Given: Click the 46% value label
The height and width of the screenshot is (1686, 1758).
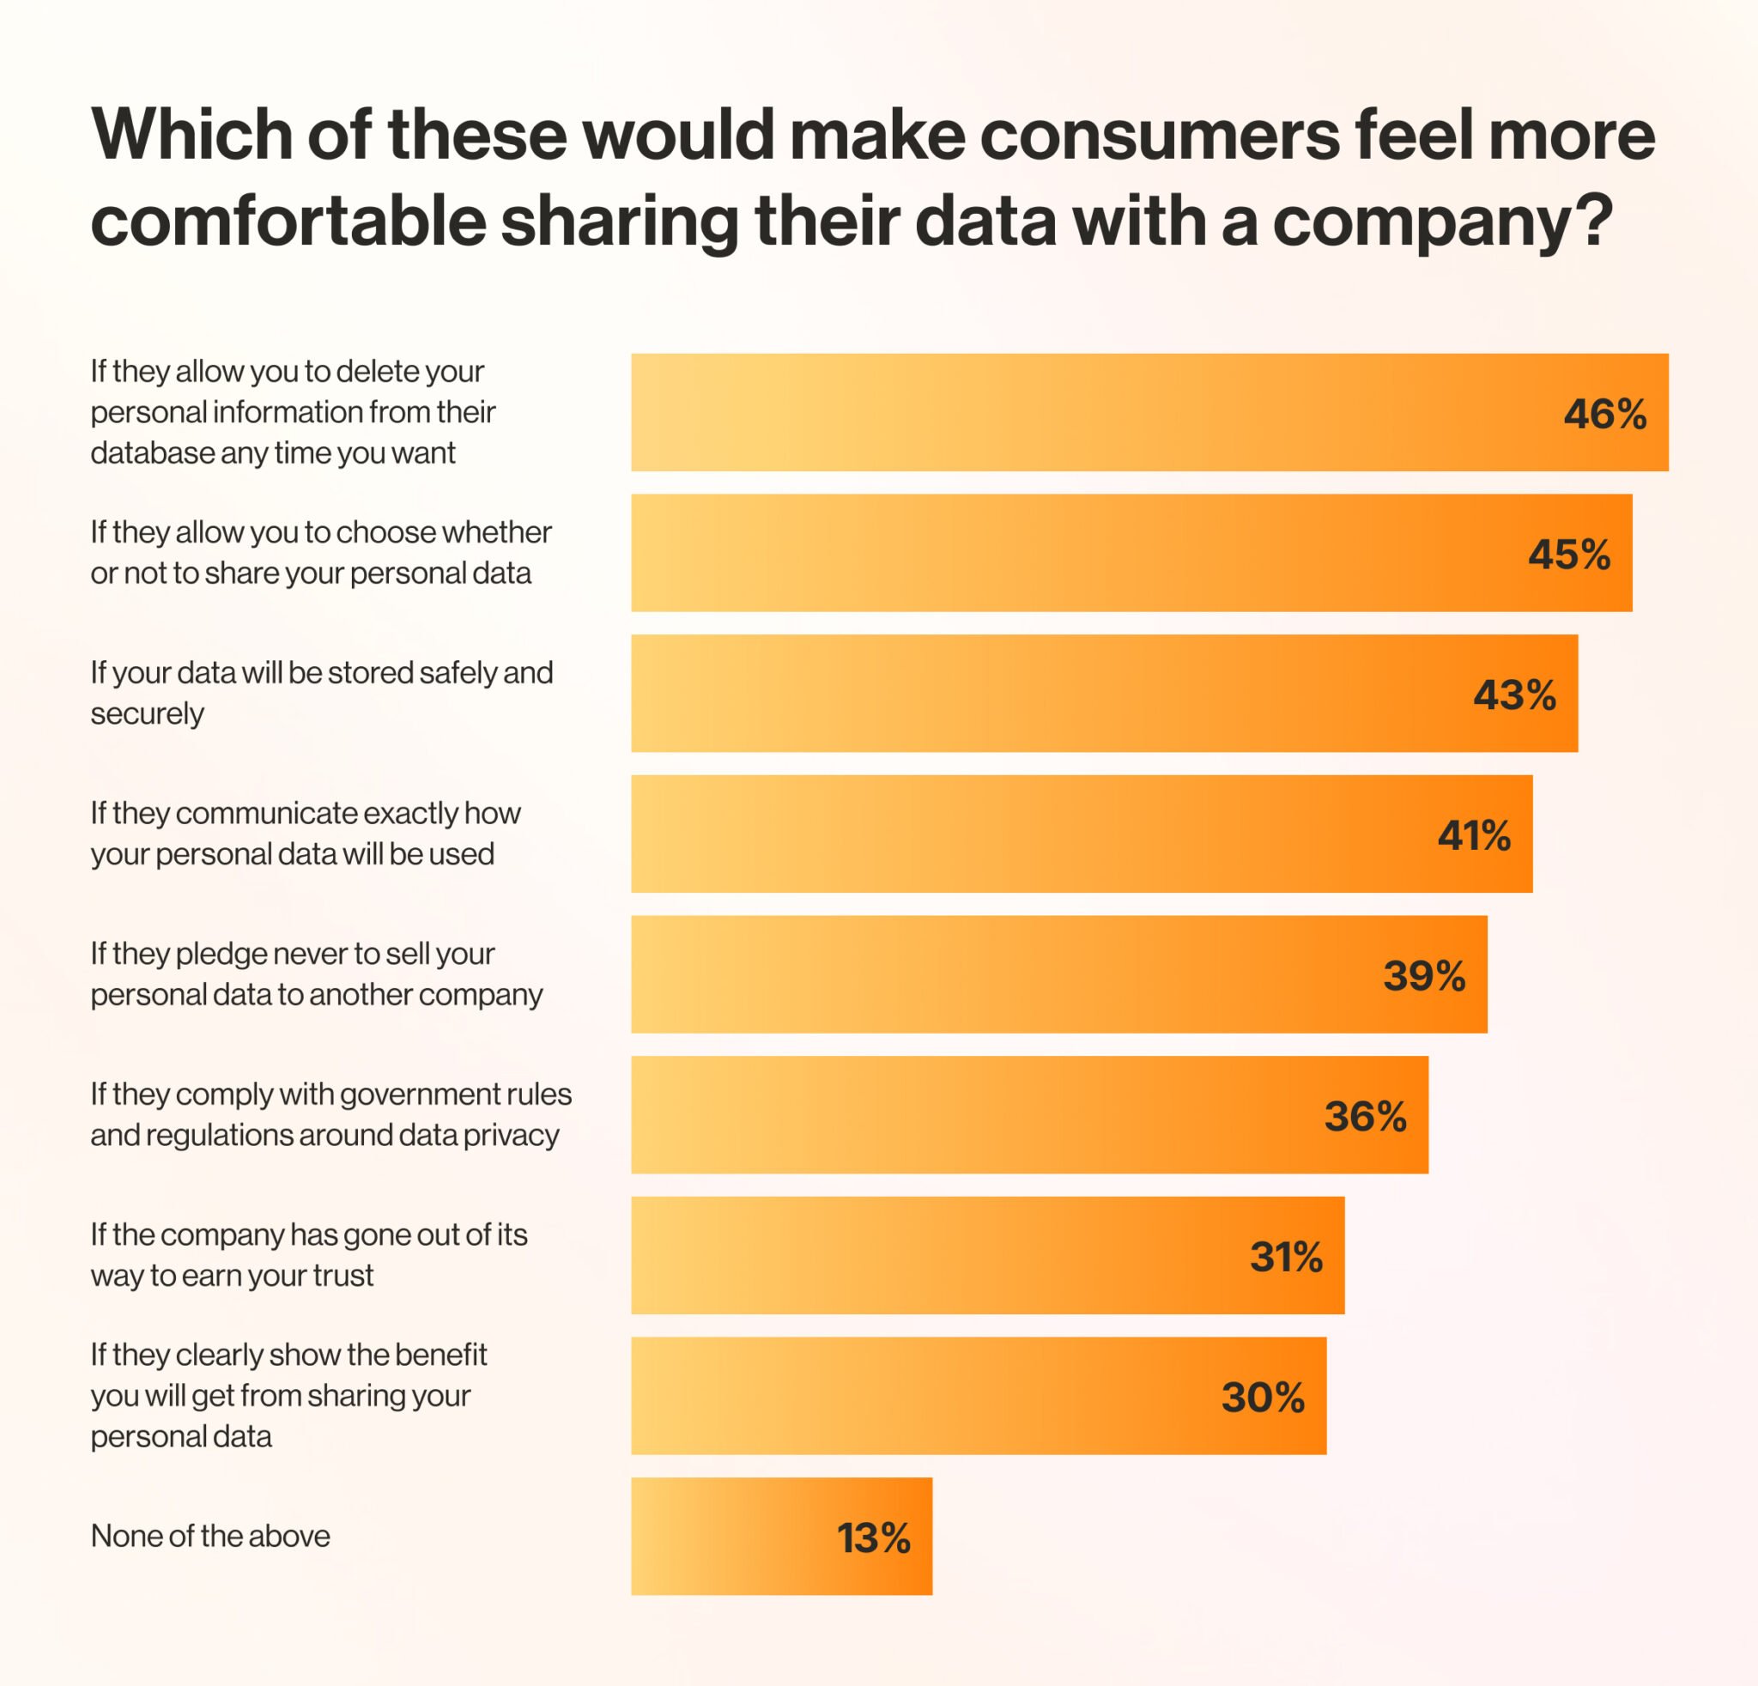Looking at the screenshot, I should pyautogui.click(x=1604, y=415).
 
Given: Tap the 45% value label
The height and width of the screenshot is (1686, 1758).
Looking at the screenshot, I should pyautogui.click(x=1569, y=555).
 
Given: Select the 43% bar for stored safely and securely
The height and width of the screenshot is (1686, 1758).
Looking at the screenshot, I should pyautogui.click(x=1103, y=694).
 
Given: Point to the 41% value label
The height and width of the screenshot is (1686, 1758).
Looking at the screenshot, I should pyautogui.click(x=1474, y=835).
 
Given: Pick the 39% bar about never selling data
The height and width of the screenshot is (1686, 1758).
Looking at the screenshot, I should pyautogui.click(x=1058, y=974).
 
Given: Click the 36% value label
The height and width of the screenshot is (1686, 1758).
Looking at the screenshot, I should pyautogui.click(x=1365, y=1116).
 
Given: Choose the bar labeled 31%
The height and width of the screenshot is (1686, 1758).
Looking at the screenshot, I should pyautogui.click(x=986, y=1256).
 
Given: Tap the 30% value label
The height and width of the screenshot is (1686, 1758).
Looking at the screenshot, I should pyautogui.click(x=1262, y=1397).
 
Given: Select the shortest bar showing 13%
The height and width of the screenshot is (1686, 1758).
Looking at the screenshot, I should pyautogui.click(x=780, y=1537).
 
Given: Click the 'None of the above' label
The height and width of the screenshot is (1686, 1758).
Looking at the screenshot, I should pyautogui.click(x=210, y=1537).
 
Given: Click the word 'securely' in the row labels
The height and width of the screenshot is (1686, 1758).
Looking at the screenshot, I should pyautogui.click(x=147, y=714).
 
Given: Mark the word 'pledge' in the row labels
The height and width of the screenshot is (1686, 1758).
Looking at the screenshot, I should pyautogui.click(x=219, y=955).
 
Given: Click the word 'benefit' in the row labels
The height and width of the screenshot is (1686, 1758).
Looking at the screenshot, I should pyautogui.click(x=440, y=1354).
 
